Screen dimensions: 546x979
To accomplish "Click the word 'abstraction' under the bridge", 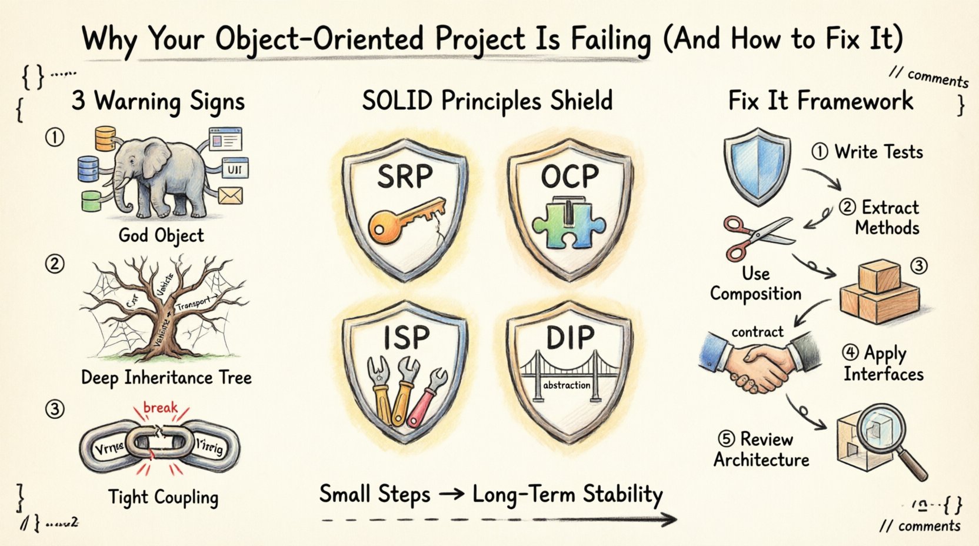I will coord(567,385).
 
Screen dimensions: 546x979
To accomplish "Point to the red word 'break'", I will coord(160,407).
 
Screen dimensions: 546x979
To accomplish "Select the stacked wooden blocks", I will coord(879,291).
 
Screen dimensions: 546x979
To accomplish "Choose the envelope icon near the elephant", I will coord(230,195).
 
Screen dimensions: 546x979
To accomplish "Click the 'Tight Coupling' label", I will coord(163,497).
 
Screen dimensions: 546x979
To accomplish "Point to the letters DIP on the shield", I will coord(570,337).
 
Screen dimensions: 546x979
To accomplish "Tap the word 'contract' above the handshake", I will coord(757,332).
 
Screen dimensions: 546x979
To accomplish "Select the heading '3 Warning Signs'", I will coord(158,101).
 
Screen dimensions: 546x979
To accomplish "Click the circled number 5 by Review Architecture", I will coord(726,439).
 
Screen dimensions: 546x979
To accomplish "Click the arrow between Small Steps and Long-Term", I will coord(452,494).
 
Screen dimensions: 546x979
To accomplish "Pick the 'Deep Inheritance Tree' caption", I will coord(166,377).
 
